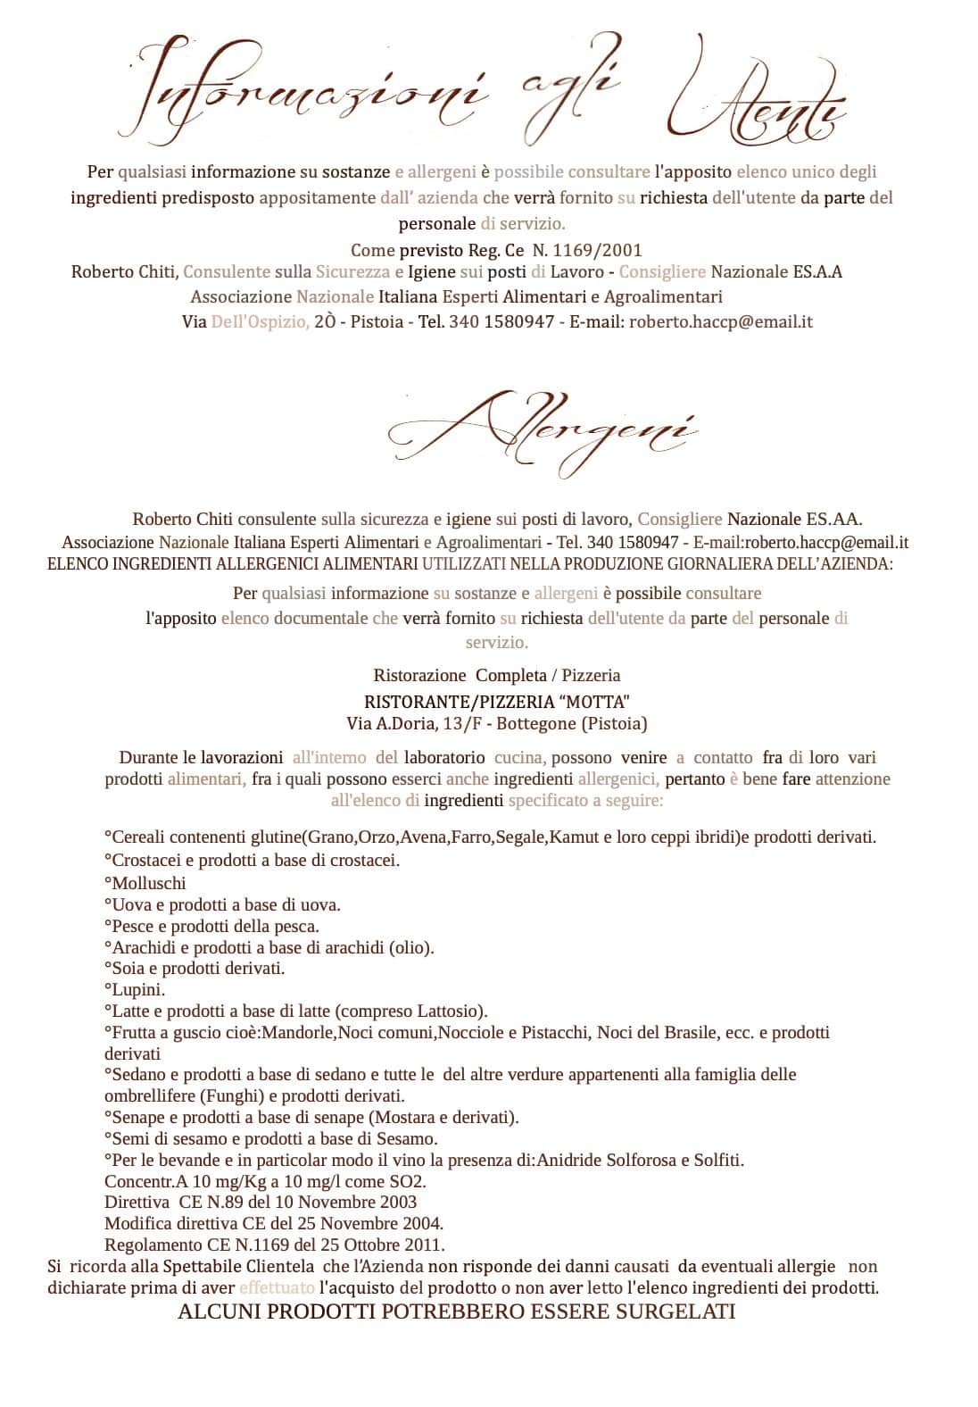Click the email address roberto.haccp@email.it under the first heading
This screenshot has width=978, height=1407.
click(x=721, y=321)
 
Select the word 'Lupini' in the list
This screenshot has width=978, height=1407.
click(x=137, y=989)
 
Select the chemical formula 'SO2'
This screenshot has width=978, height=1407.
click(x=423, y=1180)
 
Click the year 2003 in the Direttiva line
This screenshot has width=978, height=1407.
click(x=397, y=1202)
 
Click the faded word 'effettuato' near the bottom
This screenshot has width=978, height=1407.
click(x=277, y=1287)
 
